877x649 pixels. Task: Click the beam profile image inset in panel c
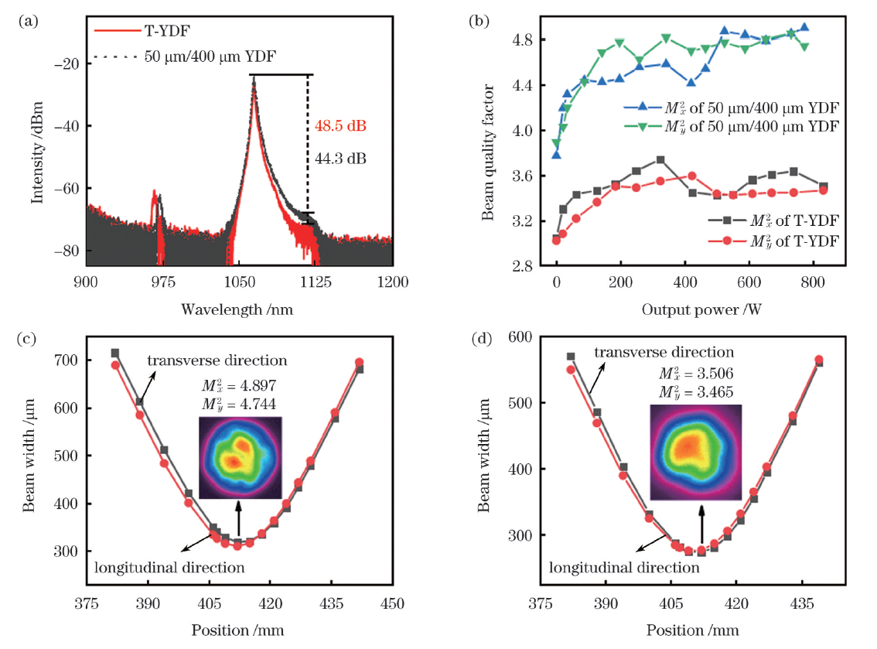pyautogui.click(x=240, y=457)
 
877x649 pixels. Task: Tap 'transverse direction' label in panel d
pyautogui.click(x=664, y=353)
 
